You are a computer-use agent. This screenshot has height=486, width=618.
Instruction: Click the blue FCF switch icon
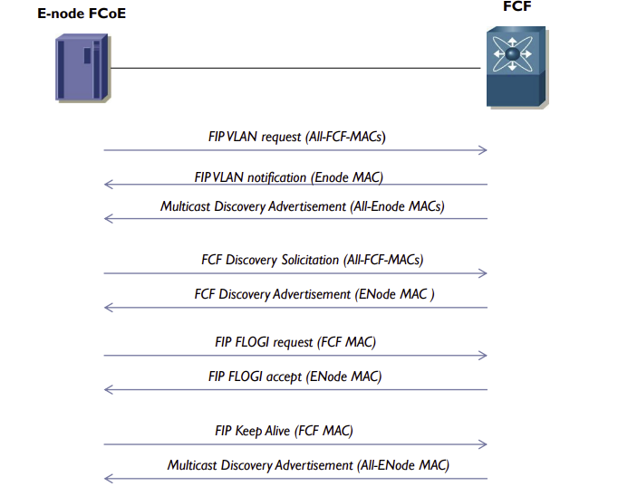[514, 68]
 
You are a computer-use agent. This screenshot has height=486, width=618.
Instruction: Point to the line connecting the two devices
[295, 68]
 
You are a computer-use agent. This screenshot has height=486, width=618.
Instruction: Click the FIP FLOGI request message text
[295, 342]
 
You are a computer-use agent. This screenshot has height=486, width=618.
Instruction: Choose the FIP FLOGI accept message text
[295, 376]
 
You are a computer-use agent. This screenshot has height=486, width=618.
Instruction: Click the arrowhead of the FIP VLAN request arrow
[483, 149]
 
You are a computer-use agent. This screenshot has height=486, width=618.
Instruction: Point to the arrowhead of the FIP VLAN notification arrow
[109, 185]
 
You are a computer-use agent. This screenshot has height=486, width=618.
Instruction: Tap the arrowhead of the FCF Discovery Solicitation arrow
[483, 273]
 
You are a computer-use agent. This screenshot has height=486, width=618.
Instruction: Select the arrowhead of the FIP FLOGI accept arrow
[109, 389]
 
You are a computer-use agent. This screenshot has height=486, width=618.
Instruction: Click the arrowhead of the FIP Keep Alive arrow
[483, 444]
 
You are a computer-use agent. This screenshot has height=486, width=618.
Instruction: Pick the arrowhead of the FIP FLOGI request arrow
[483, 356]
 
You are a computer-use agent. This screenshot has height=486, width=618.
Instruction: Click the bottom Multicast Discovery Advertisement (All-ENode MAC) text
[308, 465]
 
